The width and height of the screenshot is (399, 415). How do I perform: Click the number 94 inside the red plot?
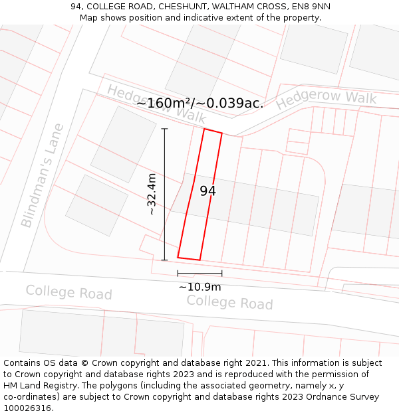207,191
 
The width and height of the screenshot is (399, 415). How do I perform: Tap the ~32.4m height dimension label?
152,194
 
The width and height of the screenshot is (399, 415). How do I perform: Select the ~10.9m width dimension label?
199,287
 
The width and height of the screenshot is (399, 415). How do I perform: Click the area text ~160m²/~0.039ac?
199,103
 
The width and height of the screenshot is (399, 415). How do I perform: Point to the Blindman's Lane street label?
43,175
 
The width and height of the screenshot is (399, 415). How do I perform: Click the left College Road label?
68,292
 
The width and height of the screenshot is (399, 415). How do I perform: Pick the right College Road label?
229,302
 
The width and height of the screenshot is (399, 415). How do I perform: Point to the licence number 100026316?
28,408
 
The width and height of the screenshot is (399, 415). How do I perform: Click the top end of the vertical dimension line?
164,128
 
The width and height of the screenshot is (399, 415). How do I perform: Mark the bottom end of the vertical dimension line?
164,260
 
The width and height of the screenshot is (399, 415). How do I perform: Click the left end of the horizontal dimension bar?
178,273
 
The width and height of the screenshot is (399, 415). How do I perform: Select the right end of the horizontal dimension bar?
222,273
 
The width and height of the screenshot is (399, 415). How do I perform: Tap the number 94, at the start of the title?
76,7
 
